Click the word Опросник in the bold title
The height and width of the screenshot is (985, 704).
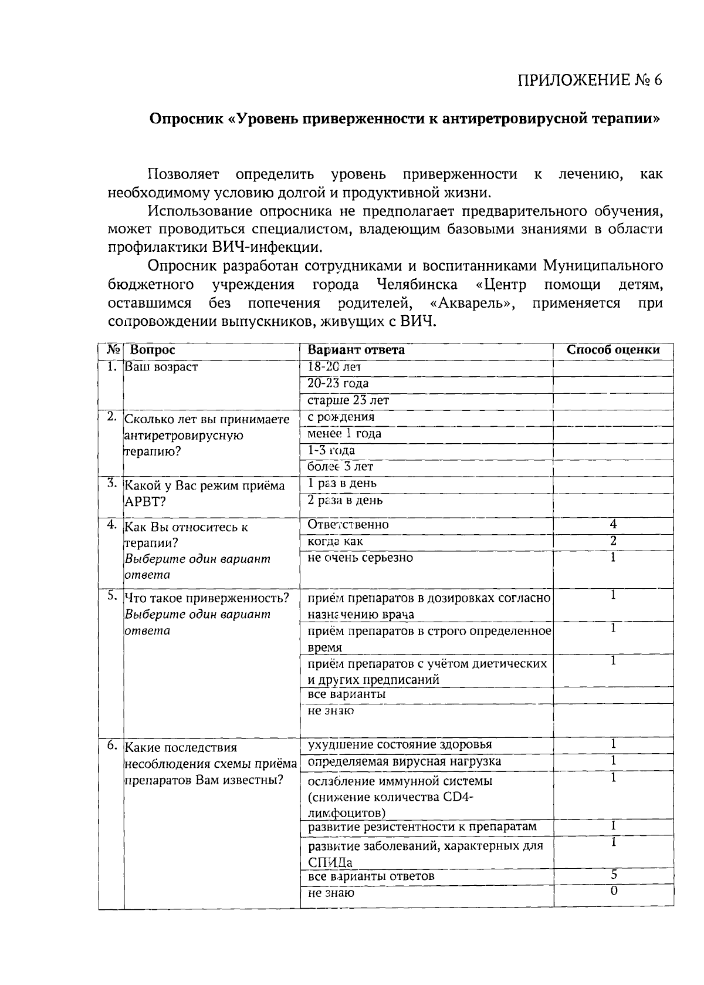185,119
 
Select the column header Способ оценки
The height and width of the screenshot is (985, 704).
613,350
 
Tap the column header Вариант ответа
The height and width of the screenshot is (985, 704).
356,350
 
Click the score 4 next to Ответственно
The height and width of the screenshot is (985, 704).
613,524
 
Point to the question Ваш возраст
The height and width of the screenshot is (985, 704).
161,367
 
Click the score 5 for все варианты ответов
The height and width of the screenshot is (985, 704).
614,874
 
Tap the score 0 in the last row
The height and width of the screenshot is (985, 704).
614,890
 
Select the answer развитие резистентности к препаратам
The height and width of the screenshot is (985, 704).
422,827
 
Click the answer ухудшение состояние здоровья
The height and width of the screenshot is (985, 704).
400,744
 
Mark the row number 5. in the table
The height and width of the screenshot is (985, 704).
112,595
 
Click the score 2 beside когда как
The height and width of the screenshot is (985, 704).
613,540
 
